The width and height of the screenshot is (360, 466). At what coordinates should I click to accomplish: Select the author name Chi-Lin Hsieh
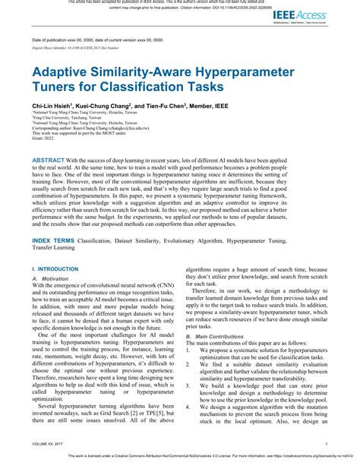[51, 106]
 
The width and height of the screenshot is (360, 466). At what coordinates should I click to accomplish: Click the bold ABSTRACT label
[49, 162]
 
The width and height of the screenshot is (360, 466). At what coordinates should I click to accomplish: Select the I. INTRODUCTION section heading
[50, 269]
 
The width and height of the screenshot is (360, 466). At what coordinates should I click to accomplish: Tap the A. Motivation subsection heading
[50, 279]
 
